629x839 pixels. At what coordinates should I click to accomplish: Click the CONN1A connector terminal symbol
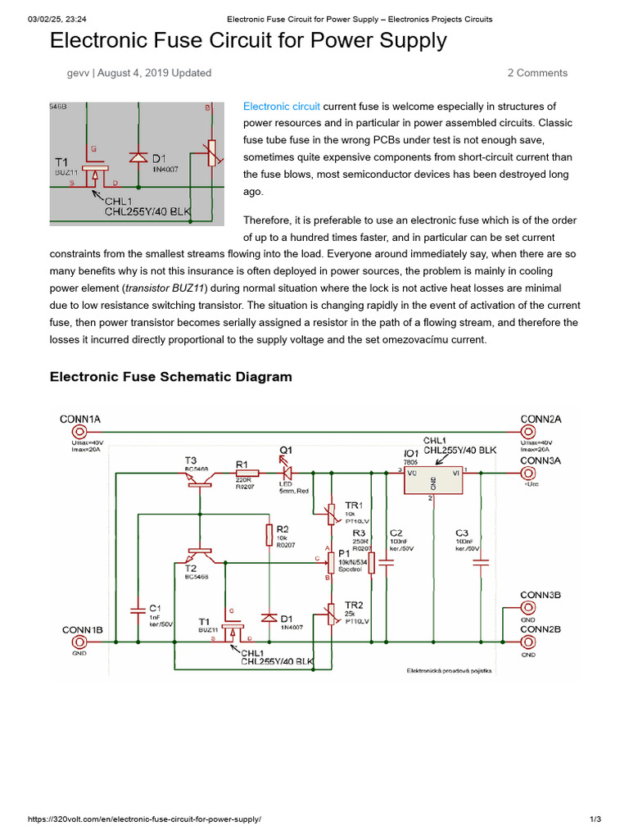(80, 432)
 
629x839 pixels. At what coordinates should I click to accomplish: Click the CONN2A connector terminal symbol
(529, 432)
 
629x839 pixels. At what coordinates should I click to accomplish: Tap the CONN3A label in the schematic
(541, 460)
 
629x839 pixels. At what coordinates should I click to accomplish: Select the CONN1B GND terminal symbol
(80, 643)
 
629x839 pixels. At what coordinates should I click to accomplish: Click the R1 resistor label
(242, 464)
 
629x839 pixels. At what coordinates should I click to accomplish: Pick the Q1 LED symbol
(287, 473)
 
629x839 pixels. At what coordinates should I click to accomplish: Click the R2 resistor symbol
(269, 535)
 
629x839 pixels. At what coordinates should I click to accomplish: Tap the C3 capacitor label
(462, 533)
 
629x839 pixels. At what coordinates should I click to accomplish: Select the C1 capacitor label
(155, 607)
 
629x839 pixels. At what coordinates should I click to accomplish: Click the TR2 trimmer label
(354, 605)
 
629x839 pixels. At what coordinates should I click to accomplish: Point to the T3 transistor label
(191, 460)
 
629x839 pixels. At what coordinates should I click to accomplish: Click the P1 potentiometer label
(345, 554)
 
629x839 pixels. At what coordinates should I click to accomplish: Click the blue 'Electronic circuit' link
(281, 107)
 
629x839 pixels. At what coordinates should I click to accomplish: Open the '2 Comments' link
(536, 73)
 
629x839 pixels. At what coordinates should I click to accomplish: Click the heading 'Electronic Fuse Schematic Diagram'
(171, 377)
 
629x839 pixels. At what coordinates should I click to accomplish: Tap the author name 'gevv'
(79, 73)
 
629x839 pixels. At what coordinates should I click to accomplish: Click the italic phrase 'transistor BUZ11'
(165, 288)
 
